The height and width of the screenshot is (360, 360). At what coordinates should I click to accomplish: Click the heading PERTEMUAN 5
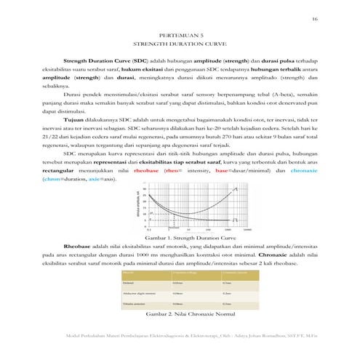pyautogui.click(x=180, y=33)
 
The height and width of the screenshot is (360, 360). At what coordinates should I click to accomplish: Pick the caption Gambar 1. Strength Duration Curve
pyautogui.click(x=181, y=238)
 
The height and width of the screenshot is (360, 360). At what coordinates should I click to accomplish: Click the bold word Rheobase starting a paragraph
pyautogui.click(x=79, y=247)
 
